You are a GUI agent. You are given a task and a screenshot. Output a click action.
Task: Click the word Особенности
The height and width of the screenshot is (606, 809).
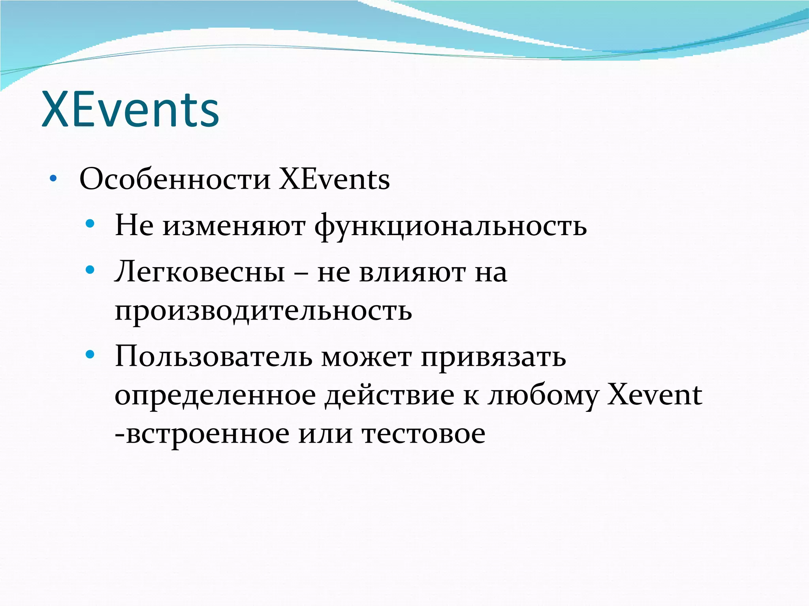175,180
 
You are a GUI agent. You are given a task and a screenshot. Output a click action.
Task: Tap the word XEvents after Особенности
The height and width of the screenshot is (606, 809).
335,180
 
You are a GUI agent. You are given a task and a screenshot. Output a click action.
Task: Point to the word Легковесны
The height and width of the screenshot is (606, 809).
200,272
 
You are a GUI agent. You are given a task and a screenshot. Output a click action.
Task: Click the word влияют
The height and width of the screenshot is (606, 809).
412,272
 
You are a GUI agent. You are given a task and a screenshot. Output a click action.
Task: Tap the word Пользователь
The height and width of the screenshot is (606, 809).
214,356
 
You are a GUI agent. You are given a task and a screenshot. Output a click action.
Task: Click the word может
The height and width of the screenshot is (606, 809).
366,356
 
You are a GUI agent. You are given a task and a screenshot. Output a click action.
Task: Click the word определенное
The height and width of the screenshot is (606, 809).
215,396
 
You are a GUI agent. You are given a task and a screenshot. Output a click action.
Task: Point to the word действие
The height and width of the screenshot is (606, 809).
389,396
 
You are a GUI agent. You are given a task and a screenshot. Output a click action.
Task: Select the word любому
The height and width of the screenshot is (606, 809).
543,396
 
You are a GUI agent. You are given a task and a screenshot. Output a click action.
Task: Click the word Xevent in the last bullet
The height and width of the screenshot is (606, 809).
655,395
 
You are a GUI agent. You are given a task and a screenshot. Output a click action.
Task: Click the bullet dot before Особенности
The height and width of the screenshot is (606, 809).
53,179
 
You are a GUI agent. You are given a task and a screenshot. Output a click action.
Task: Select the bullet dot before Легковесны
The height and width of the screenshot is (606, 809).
90,270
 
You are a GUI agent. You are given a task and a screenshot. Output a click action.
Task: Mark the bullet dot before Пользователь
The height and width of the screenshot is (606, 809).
90,354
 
